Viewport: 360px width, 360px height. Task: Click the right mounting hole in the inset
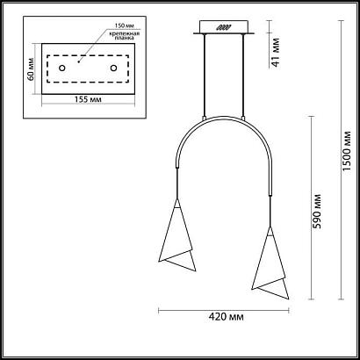(112, 68)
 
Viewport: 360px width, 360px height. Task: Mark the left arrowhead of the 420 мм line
(160, 309)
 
